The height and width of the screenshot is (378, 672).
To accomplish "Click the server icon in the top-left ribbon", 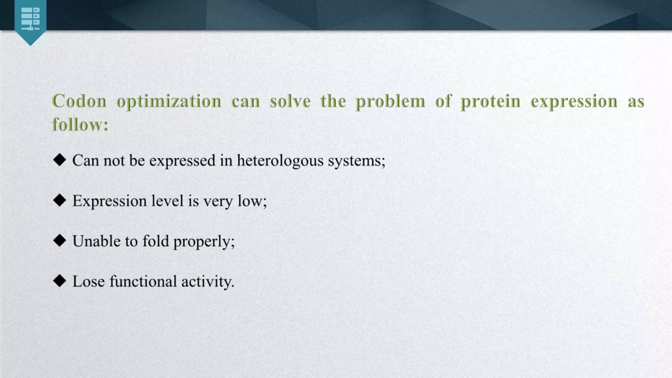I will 30,19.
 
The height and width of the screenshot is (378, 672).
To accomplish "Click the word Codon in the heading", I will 79,101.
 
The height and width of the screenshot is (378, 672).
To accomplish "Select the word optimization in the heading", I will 169,101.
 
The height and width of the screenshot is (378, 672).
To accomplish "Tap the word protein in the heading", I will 490,101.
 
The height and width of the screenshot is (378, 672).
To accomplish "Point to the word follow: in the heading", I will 80,125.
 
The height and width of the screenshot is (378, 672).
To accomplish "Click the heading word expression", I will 574,101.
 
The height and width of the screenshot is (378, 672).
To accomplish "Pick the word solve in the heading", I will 290,101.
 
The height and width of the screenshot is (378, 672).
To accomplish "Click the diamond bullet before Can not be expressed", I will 59,160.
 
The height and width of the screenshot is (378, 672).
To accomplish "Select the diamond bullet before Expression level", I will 59,200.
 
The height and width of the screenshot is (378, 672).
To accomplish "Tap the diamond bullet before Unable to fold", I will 59,241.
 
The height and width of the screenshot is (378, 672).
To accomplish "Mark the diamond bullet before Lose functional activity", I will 59,281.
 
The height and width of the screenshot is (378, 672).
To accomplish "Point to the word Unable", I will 96,241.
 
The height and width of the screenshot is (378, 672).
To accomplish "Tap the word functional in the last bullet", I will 143,282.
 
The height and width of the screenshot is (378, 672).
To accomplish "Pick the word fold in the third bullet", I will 156,241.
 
